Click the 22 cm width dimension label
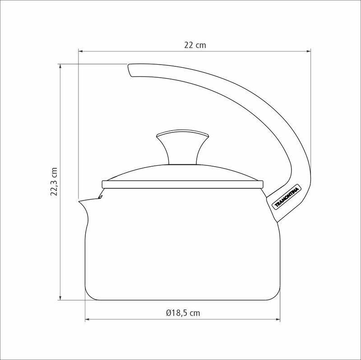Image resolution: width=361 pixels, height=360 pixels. click(x=195, y=45)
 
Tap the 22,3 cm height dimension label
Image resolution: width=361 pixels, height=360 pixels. click(x=54, y=182)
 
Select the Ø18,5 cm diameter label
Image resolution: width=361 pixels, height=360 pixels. click(x=183, y=313)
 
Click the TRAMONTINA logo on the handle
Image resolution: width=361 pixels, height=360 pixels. click(x=287, y=197)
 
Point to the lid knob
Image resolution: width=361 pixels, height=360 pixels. click(x=183, y=147)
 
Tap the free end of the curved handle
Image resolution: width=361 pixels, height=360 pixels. click(x=130, y=70)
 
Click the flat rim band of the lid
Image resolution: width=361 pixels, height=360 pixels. click(x=183, y=185)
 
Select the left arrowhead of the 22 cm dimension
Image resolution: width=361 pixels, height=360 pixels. click(x=81, y=51)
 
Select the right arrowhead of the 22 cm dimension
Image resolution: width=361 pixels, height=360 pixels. click(x=309, y=51)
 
